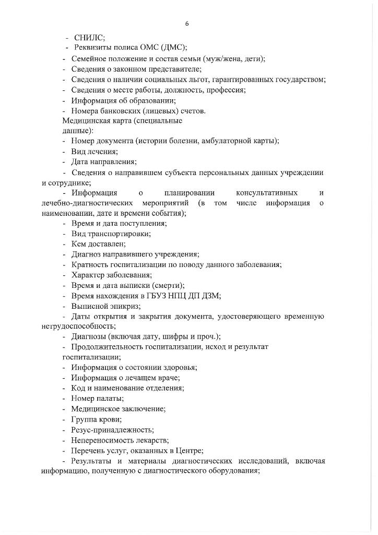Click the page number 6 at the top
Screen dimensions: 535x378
(x=186, y=24)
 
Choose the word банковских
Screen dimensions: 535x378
(x=119, y=111)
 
